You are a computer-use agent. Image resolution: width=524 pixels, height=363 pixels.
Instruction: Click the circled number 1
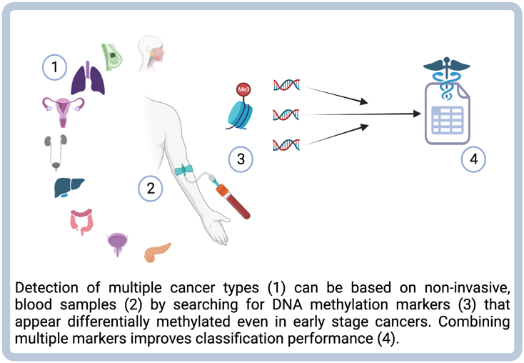pos(55,67)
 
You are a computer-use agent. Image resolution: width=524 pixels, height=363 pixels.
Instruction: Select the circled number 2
pos(151,188)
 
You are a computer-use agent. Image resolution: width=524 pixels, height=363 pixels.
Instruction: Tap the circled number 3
pos(241,159)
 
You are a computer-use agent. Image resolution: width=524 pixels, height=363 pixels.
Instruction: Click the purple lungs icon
pos(88,78)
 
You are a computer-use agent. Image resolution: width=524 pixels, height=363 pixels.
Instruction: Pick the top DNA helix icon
pos(286,85)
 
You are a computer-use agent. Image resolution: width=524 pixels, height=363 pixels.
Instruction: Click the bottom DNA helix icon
pos(286,145)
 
